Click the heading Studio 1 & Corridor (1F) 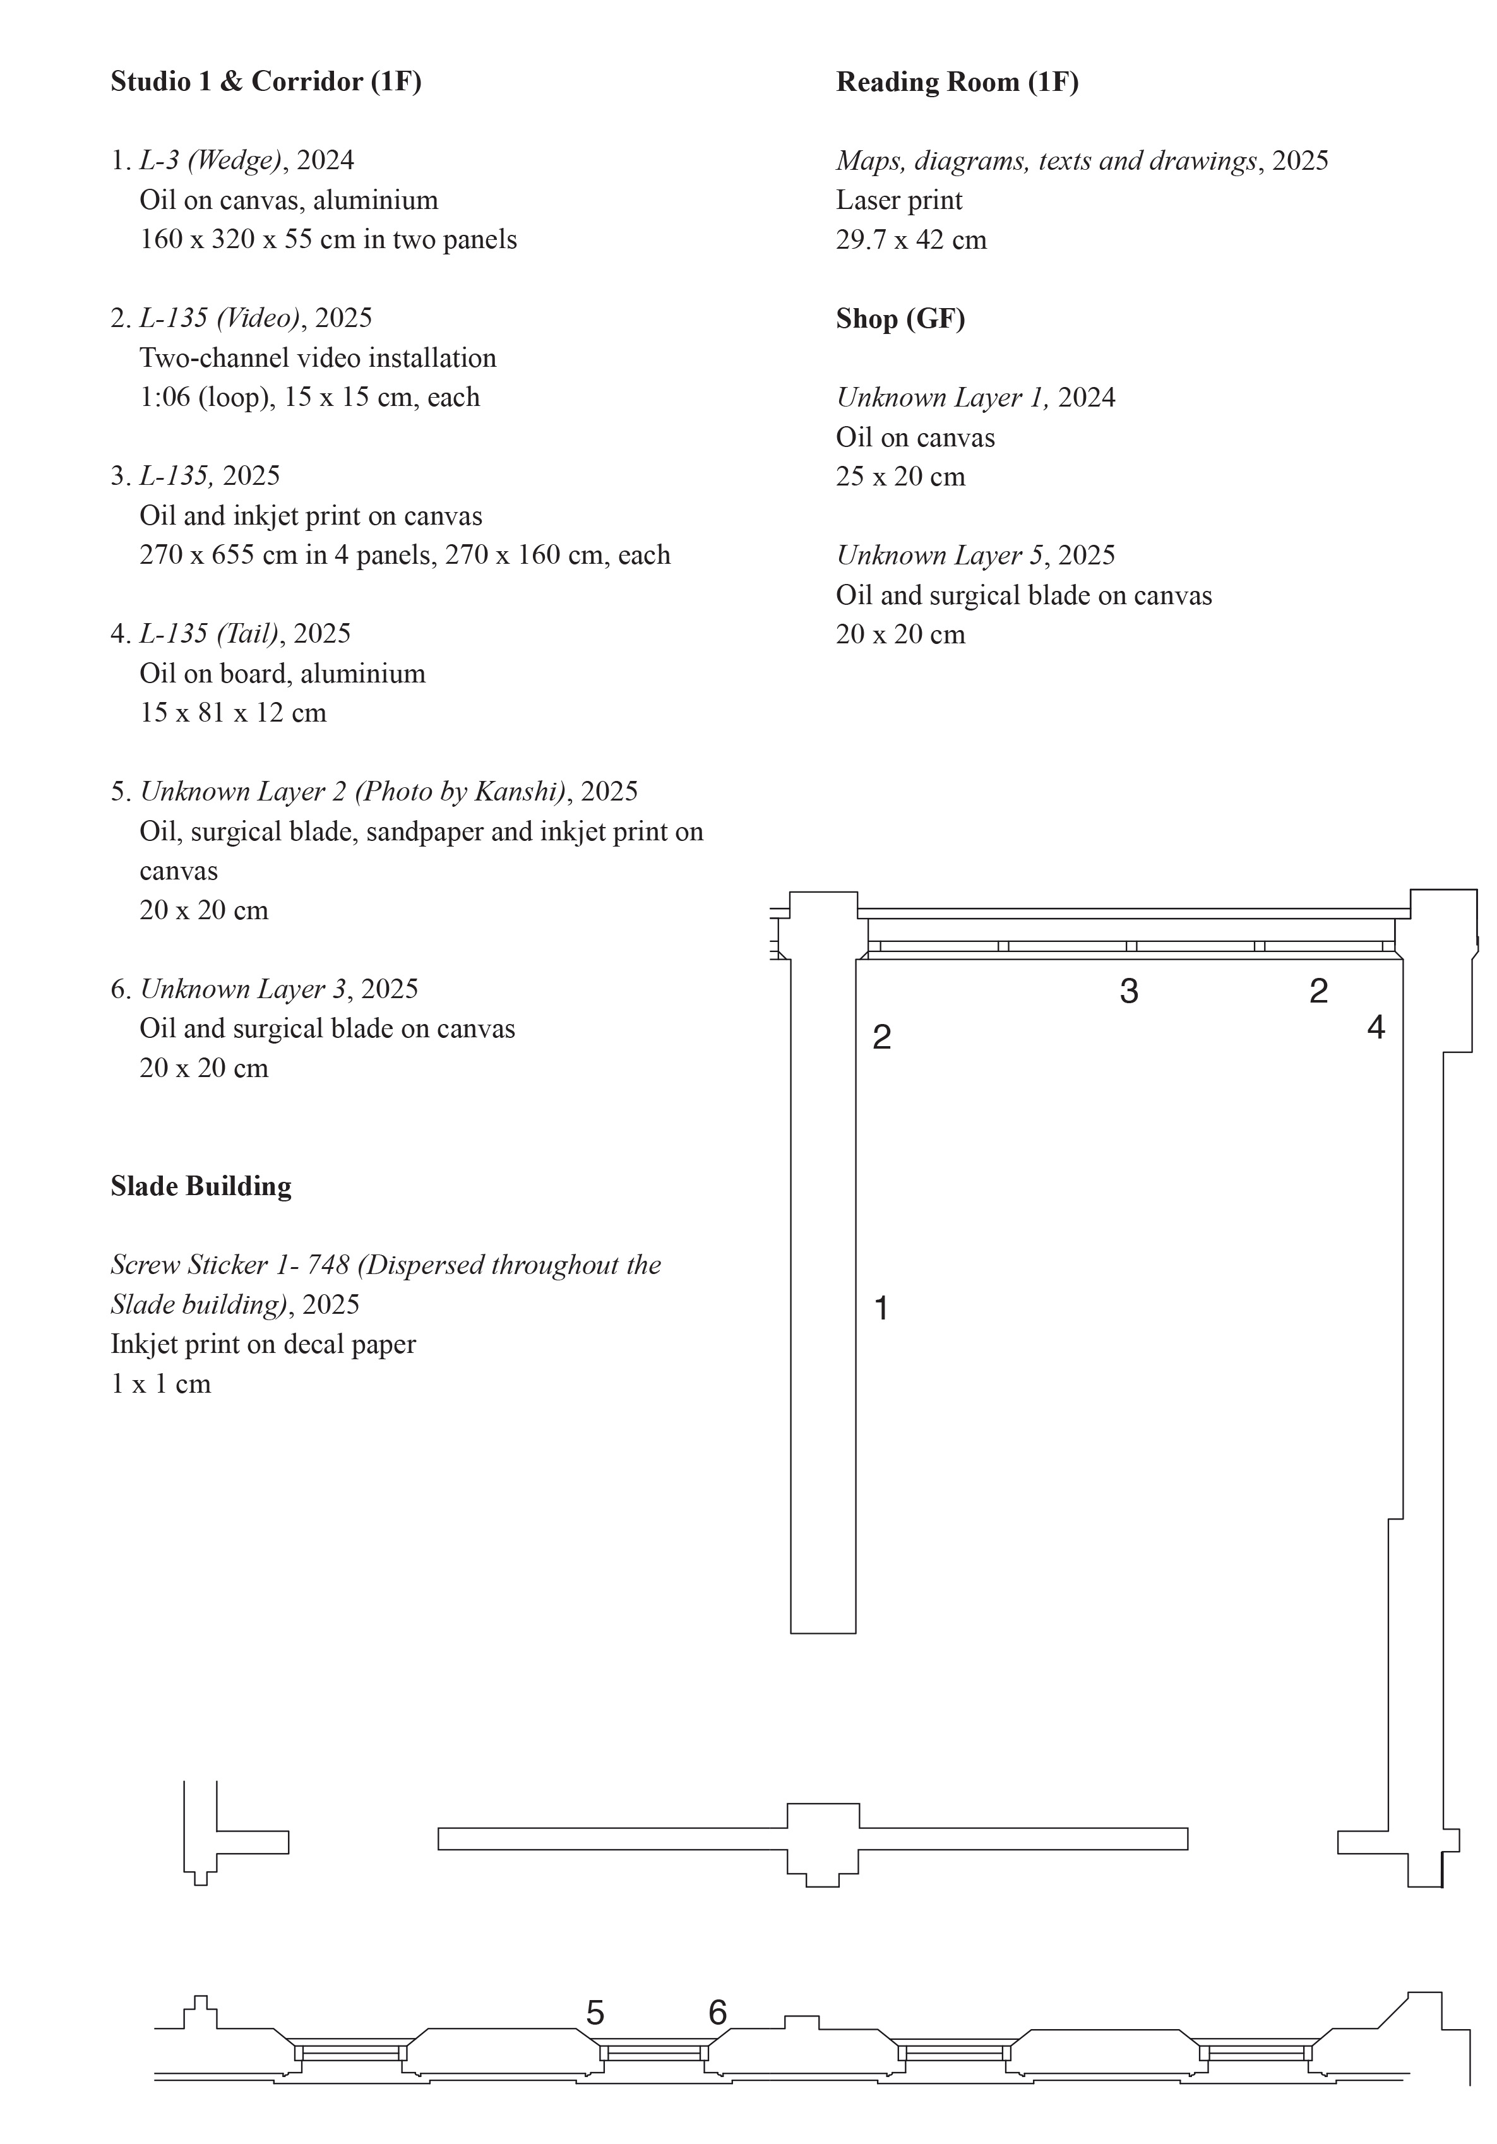[x=266, y=82]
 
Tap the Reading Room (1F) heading [x=957, y=82]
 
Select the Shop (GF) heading [x=900, y=319]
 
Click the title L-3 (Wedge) [x=210, y=160]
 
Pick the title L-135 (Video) [x=220, y=318]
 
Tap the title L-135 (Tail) [x=209, y=634]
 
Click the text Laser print [x=898, y=201]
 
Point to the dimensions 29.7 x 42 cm [x=910, y=240]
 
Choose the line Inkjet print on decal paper [x=263, y=1345]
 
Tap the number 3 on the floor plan [x=1128, y=992]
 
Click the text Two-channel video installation [x=318, y=359]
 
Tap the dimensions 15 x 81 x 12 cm [x=232, y=713]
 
